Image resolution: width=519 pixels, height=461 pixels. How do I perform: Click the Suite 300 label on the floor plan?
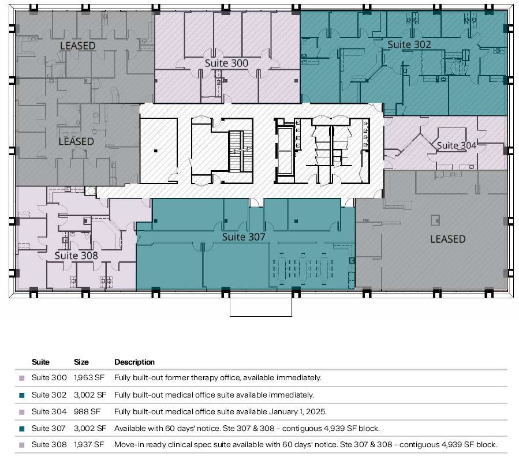tap(226, 63)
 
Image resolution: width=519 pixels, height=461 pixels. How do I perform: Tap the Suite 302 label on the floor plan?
tap(409, 44)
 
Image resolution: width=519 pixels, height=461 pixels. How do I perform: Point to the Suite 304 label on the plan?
tap(457, 145)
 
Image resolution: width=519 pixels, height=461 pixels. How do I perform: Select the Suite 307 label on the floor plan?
tap(244, 237)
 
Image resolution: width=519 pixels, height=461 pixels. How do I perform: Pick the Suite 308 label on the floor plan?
tap(76, 255)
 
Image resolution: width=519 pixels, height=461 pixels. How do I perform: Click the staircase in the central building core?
tap(236, 151)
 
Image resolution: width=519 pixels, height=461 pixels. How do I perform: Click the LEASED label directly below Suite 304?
tap(447, 239)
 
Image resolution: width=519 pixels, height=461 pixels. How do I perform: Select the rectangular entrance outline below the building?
tap(261, 305)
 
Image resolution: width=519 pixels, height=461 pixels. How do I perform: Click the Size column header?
tap(81, 362)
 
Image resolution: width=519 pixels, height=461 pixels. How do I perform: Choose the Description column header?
tap(135, 362)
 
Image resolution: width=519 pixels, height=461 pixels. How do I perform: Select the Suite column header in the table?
tap(40, 362)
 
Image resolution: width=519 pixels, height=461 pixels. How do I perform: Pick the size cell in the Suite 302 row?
tap(90, 395)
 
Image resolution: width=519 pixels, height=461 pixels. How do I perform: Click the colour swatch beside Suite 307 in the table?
tap(22, 429)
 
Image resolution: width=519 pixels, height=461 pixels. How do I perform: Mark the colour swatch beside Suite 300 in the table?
tap(22, 378)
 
